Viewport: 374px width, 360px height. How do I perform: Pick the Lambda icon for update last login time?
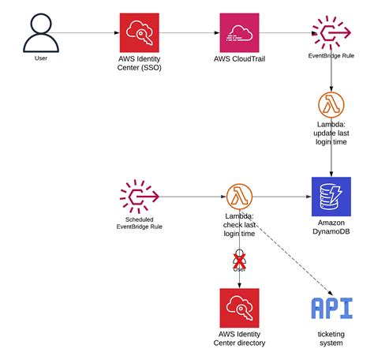[x=330, y=104]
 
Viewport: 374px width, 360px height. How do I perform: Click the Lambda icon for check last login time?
[x=238, y=196]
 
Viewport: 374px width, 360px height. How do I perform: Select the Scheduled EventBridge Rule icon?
[x=139, y=196]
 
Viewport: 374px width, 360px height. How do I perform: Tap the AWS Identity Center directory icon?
[x=240, y=308]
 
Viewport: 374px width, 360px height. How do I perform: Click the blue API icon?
[x=330, y=308]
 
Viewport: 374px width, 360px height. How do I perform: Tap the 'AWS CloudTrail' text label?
[x=240, y=59]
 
